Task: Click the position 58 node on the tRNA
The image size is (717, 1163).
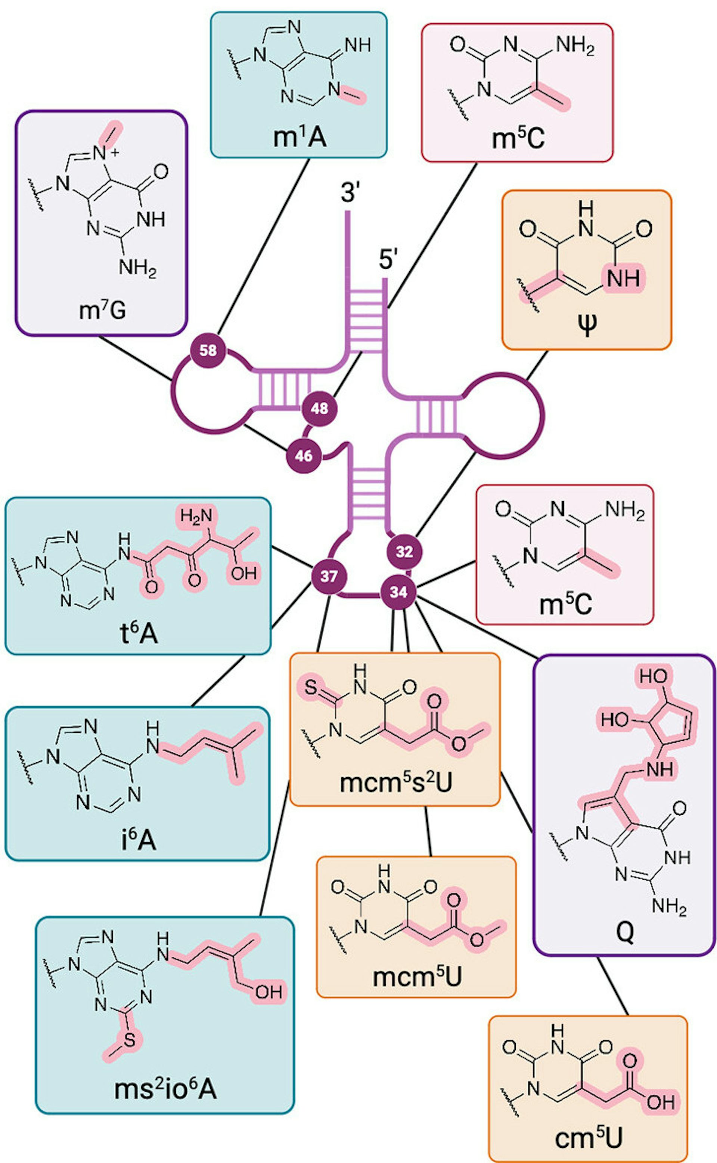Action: coord(208,350)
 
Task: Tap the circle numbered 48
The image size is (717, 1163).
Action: coord(320,408)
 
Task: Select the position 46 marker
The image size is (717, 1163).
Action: coord(304,456)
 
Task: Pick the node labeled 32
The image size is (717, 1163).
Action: coord(404,551)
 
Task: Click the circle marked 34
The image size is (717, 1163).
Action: coord(398,592)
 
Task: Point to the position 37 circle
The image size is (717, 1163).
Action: coord(329,576)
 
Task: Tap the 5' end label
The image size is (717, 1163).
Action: coord(387,260)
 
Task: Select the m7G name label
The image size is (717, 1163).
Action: coord(102,311)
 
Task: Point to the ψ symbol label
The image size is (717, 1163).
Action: coord(587,325)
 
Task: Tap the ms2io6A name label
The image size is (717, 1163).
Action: coord(165,1089)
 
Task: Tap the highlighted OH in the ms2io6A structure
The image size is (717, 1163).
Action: coord(269,992)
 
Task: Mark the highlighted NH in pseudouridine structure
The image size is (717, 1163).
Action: coord(623,278)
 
